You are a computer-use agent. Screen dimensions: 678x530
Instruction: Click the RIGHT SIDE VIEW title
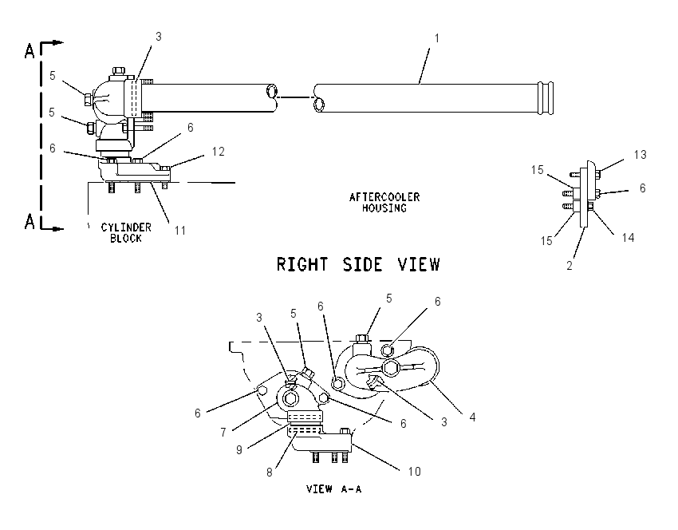point(358,264)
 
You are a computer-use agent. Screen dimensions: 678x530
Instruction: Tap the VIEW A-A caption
point(333,489)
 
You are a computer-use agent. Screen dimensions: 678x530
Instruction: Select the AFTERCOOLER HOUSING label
point(384,203)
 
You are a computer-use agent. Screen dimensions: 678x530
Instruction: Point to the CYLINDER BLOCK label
point(126,233)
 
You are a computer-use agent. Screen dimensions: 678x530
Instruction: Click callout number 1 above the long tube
point(437,38)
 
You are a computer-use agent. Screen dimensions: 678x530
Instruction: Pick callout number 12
point(219,152)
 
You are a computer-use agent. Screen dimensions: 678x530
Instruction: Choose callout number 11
point(180,230)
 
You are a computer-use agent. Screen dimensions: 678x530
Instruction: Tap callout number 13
point(640,155)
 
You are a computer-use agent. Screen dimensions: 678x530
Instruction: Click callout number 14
point(628,237)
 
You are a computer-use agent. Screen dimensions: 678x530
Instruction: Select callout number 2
point(570,266)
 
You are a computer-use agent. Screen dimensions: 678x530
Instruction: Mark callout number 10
point(414,471)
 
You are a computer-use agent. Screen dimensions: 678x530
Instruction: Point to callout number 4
point(472,417)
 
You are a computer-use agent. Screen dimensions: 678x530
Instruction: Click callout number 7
point(223,432)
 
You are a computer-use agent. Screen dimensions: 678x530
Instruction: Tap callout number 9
point(239,450)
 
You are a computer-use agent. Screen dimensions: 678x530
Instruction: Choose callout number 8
point(270,473)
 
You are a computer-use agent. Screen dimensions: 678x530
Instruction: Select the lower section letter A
point(30,222)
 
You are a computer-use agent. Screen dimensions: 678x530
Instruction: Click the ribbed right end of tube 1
point(546,98)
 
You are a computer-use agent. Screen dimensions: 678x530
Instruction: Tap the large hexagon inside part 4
point(392,368)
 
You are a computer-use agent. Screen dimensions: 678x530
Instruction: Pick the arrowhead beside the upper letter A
point(58,43)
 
